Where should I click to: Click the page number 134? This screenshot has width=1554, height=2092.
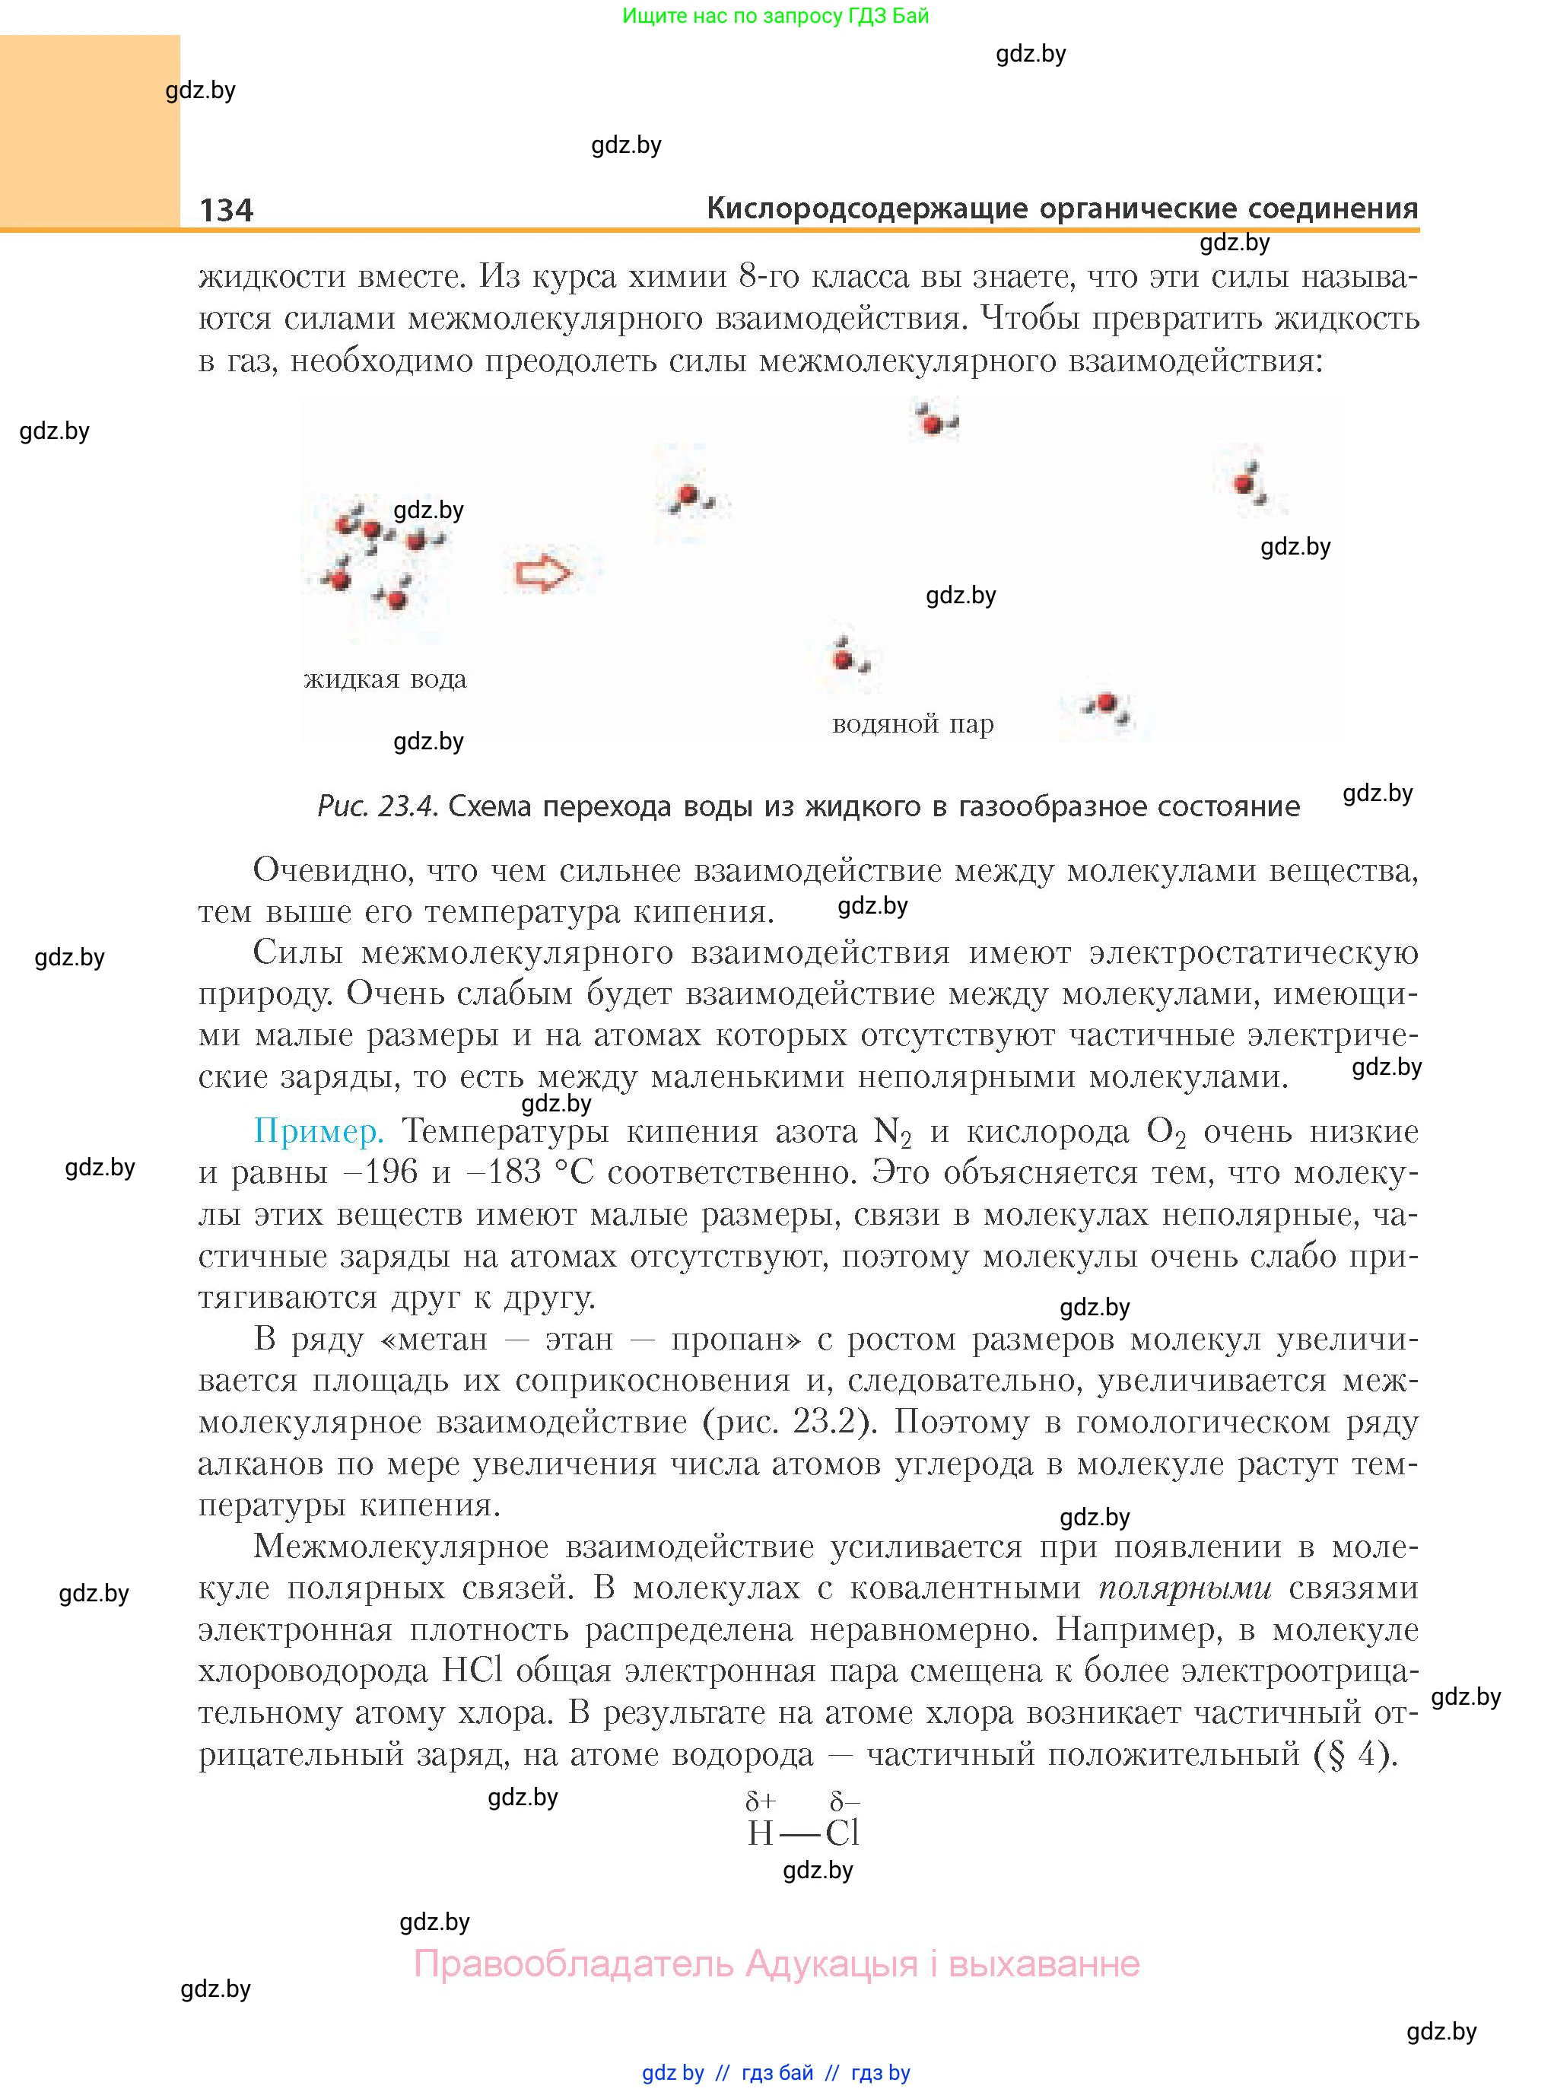[227, 209]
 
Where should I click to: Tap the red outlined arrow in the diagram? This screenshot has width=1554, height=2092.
[544, 572]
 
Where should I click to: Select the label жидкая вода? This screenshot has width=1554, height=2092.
[385, 679]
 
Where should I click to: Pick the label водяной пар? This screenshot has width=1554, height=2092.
[913, 724]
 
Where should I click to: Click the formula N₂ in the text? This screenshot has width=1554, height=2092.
[893, 1133]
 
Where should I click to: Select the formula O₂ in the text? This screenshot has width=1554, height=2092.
[1165, 1133]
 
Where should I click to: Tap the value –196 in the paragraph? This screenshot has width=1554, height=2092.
[380, 1172]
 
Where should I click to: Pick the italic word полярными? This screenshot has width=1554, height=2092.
[1185, 1588]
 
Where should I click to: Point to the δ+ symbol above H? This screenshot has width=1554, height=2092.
[761, 1801]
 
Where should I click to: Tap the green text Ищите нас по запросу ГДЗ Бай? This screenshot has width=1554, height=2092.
[776, 16]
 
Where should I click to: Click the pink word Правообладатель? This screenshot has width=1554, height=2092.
[573, 1963]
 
